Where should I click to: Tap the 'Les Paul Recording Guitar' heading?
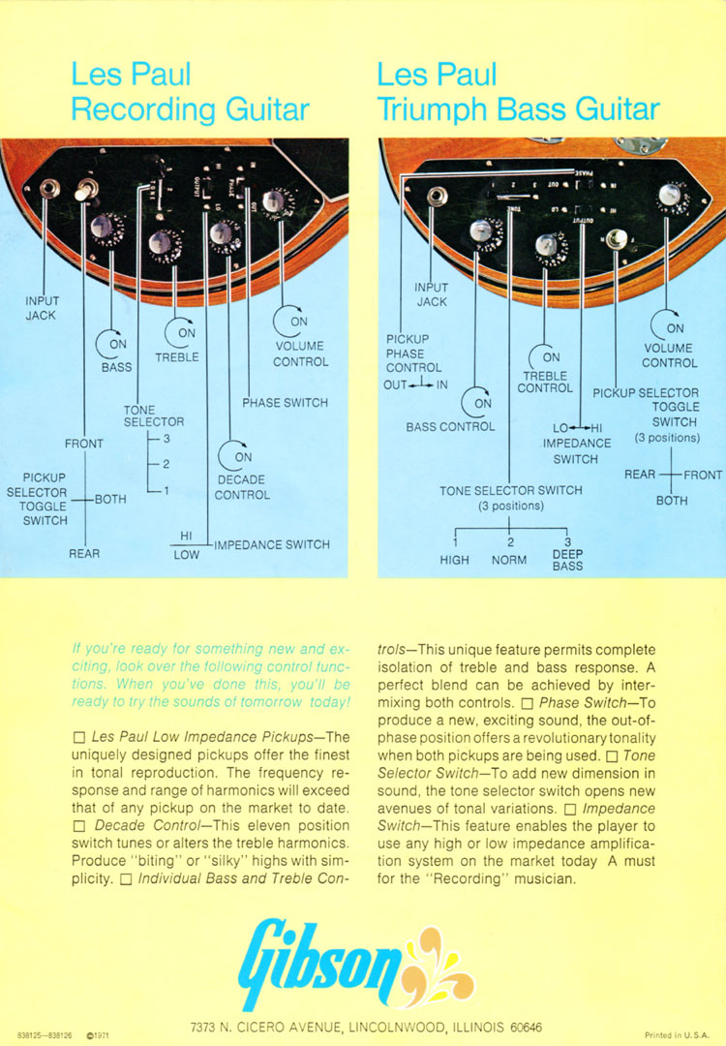click(x=190, y=91)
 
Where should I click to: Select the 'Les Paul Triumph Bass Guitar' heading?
click(x=518, y=91)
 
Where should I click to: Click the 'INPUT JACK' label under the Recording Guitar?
click(x=42, y=308)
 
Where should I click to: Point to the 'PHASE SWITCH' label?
click(x=285, y=403)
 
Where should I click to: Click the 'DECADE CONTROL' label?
click(x=242, y=487)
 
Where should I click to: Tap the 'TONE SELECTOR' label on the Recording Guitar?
click(x=153, y=416)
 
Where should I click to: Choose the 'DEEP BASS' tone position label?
click(x=567, y=560)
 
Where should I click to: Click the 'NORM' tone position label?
click(x=509, y=560)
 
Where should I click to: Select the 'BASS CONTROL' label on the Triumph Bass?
click(x=450, y=426)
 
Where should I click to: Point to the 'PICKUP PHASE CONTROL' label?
click(x=413, y=354)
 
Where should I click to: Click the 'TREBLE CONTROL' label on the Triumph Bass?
click(x=545, y=381)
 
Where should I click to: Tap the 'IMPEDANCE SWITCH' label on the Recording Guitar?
click(x=272, y=544)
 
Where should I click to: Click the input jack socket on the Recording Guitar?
click(x=46, y=187)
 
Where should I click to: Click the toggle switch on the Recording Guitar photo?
click(x=83, y=190)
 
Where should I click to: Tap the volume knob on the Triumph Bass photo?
click(x=667, y=195)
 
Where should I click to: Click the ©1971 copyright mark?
click(x=97, y=1034)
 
